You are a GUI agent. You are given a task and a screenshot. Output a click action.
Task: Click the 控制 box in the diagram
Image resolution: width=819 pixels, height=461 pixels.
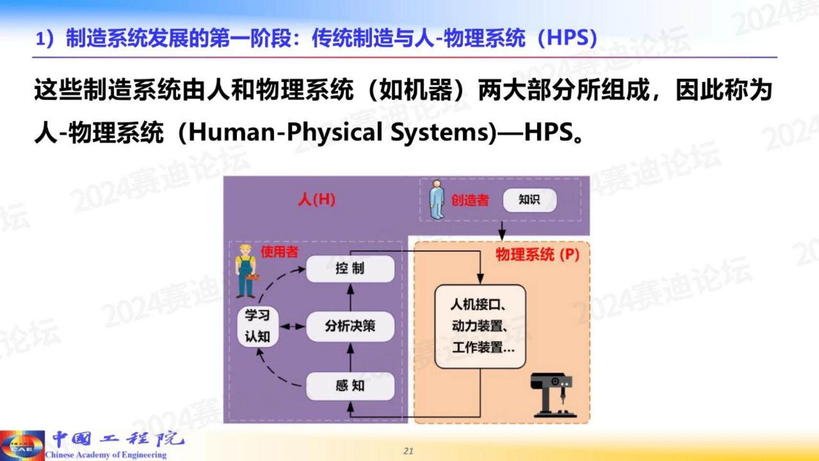[x=350, y=269]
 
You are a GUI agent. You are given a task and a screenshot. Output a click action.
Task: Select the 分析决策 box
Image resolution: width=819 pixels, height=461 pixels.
[x=350, y=327]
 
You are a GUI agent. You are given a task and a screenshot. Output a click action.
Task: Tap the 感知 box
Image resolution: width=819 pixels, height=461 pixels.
[x=350, y=386]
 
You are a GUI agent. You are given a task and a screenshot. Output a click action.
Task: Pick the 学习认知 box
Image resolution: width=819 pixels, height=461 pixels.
[x=258, y=327]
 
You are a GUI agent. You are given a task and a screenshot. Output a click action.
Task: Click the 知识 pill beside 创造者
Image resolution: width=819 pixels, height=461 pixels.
[x=530, y=200]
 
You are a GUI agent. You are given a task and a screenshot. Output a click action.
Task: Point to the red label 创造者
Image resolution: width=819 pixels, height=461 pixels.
[x=470, y=200]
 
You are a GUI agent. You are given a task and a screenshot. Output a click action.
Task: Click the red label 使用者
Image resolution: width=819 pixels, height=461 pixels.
[x=279, y=252]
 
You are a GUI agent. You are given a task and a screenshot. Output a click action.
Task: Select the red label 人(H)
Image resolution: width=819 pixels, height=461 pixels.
[x=317, y=200]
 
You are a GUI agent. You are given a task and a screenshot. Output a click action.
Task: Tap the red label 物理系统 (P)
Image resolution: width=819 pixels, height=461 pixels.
[x=538, y=255]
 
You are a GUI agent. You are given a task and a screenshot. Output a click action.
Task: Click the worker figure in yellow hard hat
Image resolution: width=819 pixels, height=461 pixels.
[x=246, y=271]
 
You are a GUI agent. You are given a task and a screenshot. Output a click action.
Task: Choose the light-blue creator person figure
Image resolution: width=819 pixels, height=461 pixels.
[x=437, y=199]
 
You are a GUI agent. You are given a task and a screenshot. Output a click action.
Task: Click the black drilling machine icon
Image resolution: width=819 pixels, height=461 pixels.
[x=554, y=395]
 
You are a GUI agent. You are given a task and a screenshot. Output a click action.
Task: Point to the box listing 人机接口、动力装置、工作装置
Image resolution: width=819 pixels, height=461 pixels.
[x=480, y=327]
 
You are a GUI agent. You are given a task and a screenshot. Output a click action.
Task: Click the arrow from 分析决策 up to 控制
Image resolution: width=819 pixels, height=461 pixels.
[x=350, y=298]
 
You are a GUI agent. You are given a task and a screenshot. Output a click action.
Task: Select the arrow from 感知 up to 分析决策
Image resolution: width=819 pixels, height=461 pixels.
[x=350, y=357]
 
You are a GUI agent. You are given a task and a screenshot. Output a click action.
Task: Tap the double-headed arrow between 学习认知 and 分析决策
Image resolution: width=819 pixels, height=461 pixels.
[x=292, y=327]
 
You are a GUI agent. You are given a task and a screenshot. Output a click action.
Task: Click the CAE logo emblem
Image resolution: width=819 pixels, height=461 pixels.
[x=22, y=445]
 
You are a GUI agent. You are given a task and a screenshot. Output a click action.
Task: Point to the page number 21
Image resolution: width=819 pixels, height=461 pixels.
[x=409, y=451]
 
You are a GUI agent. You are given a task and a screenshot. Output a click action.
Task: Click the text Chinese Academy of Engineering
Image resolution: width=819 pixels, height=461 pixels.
[x=106, y=455]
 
